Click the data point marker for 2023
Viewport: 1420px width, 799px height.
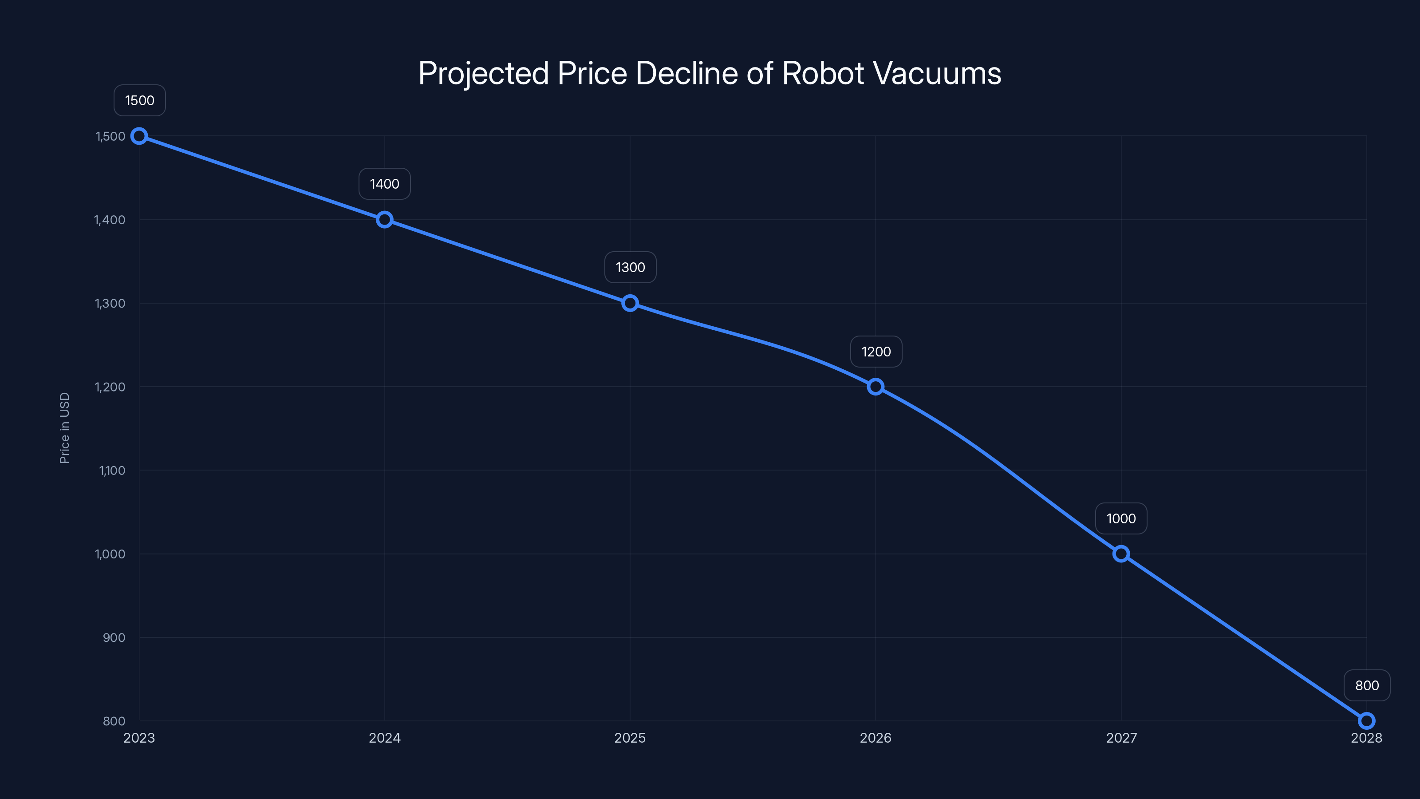click(x=139, y=136)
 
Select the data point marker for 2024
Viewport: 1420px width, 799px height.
click(x=384, y=219)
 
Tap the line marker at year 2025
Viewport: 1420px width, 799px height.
click(x=630, y=303)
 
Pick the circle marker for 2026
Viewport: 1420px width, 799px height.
click(x=876, y=387)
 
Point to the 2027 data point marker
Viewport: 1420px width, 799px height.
click(x=1120, y=554)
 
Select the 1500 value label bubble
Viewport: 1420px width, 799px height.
click(x=139, y=100)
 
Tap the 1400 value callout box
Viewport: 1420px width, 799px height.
click(x=384, y=184)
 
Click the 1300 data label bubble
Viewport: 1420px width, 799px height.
click(x=630, y=267)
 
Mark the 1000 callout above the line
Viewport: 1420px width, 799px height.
click(x=1120, y=518)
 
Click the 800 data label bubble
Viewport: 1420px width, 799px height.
click(x=1367, y=685)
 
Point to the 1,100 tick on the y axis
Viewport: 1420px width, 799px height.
click(x=112, y=471)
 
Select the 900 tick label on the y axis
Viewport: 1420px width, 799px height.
click(x=114, y=637)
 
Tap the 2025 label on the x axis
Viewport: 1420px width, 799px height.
click(x=630, y=738)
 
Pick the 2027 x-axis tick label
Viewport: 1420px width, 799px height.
click(x=1120, y=738)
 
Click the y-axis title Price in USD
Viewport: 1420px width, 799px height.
click(x=64, y=428)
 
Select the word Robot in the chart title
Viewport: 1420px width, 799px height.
click(x=822, y=73)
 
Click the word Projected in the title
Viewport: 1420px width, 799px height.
click(x=483, y=73)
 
